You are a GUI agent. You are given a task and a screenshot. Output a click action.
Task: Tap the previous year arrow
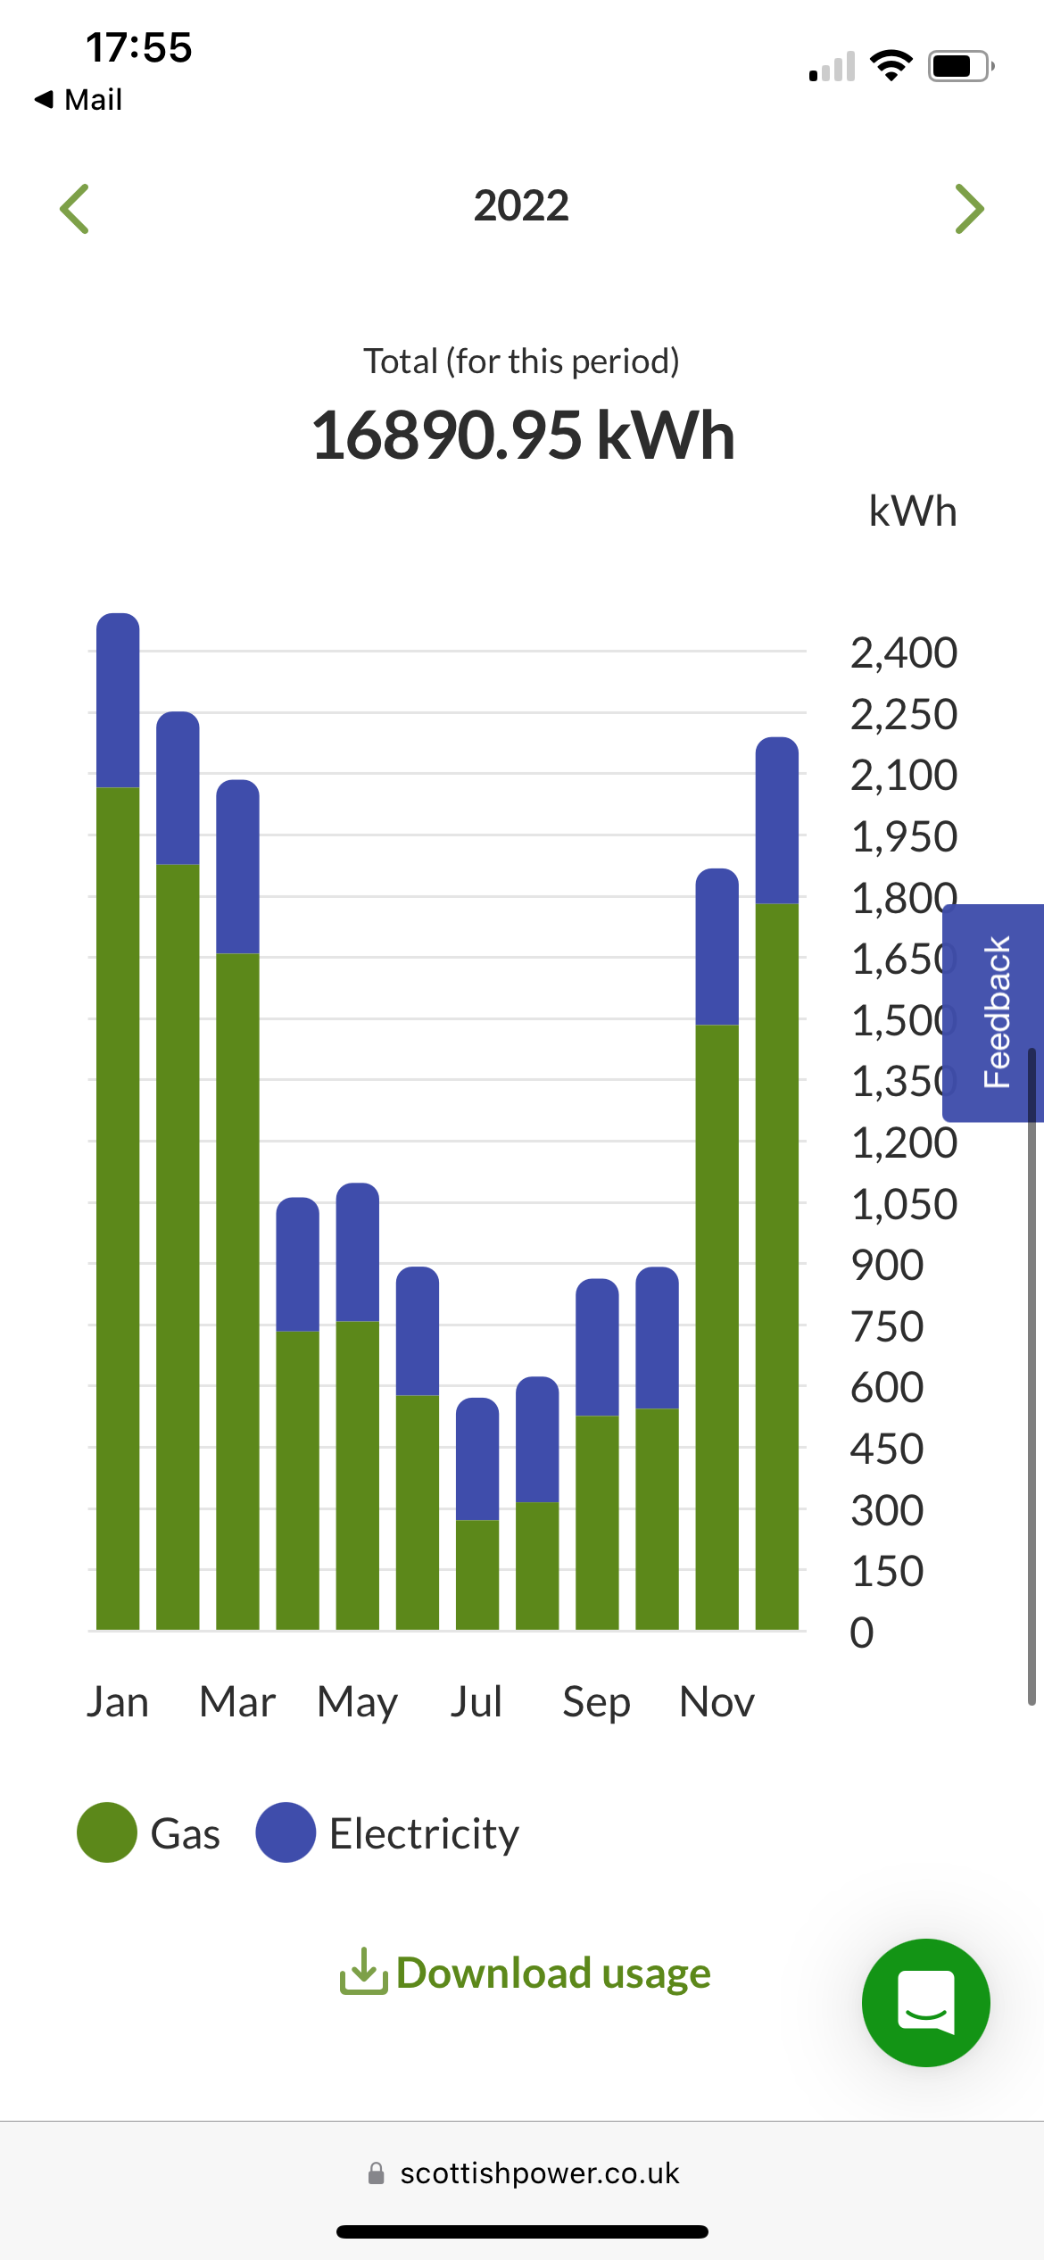(x=74, y=209)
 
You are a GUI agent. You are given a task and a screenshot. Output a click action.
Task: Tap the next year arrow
(x=969, y=209)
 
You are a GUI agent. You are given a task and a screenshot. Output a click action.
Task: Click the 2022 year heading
(x=521, y=206)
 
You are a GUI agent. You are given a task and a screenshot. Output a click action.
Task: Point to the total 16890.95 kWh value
(x=523, y=435)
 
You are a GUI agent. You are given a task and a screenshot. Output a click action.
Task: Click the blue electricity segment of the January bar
(x=118, y=700)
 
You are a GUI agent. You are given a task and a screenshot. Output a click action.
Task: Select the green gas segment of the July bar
(x=477, y=1575)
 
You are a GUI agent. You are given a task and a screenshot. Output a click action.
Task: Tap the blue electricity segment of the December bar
(x=777, y=820)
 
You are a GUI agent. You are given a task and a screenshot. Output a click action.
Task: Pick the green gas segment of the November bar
(x=717, y=1327)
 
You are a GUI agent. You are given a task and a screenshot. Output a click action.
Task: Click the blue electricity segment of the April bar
(x=298, y=1264)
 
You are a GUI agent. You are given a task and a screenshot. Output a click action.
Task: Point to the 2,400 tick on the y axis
(x=904, y=653)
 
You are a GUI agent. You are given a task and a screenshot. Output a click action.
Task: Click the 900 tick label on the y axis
(x=887, y=1266)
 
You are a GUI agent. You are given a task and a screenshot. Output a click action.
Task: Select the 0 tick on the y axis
(x=862, y=1633)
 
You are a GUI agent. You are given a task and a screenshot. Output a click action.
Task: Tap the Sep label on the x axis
(x=596, y=1702)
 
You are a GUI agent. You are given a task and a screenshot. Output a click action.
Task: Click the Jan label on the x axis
(x=118, y=1701)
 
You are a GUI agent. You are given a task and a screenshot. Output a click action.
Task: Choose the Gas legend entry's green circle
(x=107, y=1832)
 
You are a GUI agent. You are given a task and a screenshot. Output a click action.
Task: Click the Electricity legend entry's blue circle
(x=286, y=1832)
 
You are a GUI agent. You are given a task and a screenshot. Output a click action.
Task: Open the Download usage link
(x=525, y=1973)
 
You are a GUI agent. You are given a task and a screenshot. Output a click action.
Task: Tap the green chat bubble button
(x=926, y=2003)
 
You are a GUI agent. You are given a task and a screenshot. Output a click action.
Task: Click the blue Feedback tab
(x=993, y=1013)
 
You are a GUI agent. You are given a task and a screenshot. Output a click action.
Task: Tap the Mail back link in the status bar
(x=78, y=99)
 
